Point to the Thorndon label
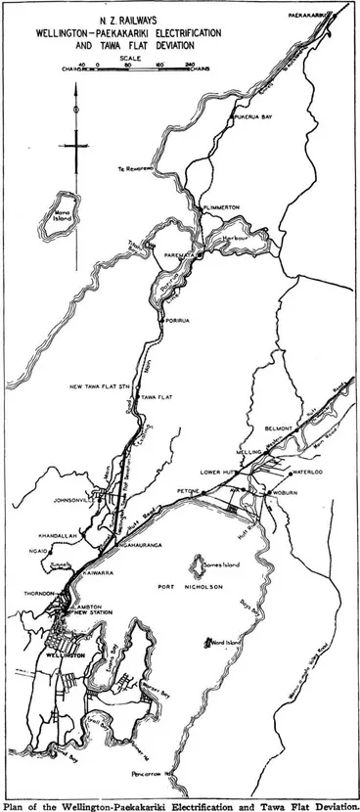(x=42, y=594)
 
